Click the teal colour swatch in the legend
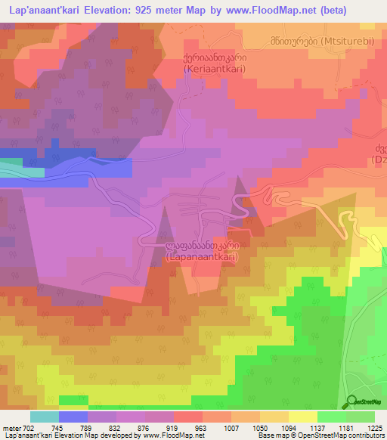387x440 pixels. [x=44, y=417]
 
